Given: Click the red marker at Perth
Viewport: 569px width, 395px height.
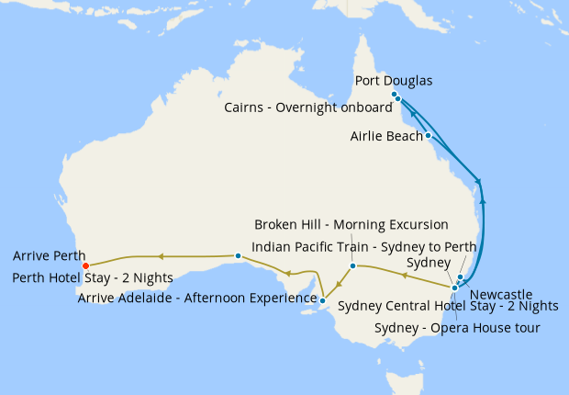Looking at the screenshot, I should pos(85,265).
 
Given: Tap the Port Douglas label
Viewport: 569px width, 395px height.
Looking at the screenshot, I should pos(393,80).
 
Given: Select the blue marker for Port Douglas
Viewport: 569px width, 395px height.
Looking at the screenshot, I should pos(394,95).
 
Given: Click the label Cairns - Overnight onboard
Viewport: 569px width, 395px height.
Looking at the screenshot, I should pos(307,107).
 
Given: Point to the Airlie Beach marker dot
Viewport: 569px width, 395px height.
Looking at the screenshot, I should pos(429,135).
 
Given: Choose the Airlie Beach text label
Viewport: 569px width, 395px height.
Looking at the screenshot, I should pos(386,136).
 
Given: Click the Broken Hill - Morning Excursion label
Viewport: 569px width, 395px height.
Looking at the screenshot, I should pos(351,224).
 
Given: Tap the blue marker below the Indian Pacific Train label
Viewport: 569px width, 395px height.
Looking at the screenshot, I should pos(352,265).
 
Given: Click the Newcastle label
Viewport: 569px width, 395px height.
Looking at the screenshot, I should pos(500,295).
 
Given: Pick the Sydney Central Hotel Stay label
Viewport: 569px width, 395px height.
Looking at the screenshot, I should pos(448,306).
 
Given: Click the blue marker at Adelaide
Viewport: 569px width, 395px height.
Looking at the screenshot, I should pos(323,299).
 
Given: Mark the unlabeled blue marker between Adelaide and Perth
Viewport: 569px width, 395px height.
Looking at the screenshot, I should pos(238,255).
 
